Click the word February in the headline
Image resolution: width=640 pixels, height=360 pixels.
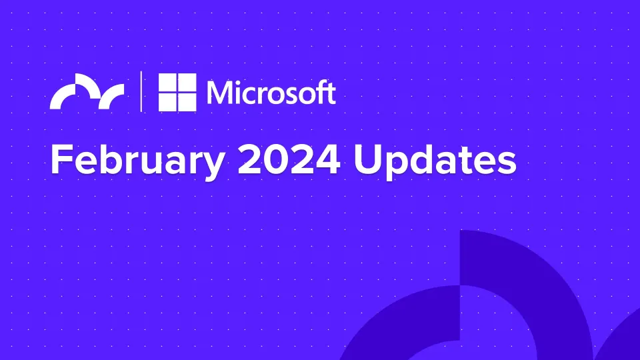(x=137, y=161)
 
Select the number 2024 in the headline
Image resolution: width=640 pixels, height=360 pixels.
(x=289, y=159)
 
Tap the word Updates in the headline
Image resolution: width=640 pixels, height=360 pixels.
(x=435, y=161)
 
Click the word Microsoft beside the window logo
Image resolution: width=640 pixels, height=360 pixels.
(x=271, y=92)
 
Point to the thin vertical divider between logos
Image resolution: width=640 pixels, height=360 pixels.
(x=141, y=91)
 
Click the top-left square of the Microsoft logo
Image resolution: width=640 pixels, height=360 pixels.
(x=167, y=83)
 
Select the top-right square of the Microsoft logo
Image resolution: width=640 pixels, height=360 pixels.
(x=187, y=83)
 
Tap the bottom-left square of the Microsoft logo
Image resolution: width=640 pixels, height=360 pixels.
(x=167, y=102)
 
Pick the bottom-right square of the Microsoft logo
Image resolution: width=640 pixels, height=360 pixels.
(x=187, y=102)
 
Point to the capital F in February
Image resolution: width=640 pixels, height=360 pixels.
(x=62, y=159)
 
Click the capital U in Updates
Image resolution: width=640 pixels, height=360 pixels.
(x=367, y=159)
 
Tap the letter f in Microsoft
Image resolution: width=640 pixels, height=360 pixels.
(x=319, y=92)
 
